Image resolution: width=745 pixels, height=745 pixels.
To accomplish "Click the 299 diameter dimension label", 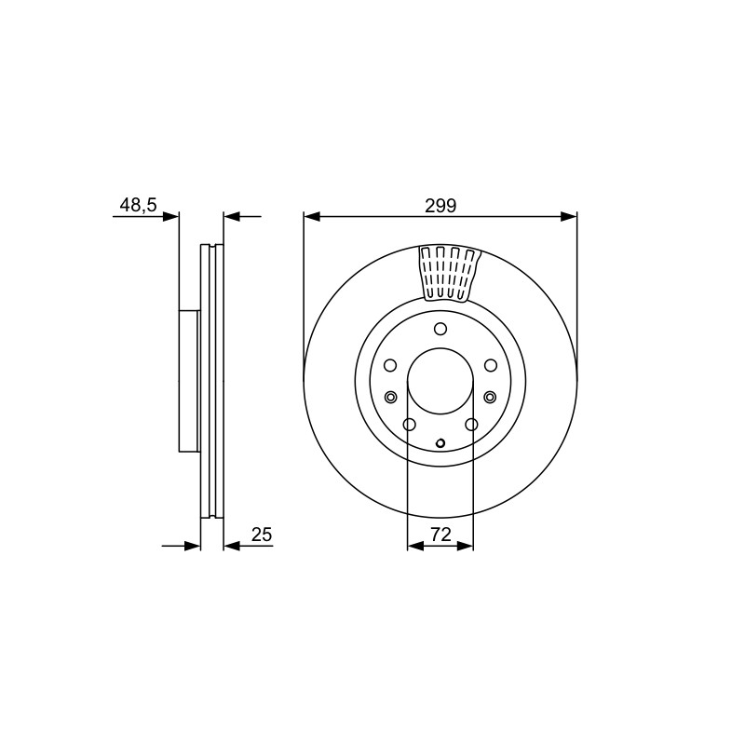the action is click(x=440, y=206).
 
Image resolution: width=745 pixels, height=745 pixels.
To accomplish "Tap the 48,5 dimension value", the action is click(x=138, y=205).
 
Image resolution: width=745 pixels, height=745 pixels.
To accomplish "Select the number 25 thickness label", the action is click(x=262, y=535).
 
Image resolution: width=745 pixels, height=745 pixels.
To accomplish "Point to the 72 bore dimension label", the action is click(x=440, y=535).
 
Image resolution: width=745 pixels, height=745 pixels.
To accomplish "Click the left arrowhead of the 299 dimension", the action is click(x=312, y=217).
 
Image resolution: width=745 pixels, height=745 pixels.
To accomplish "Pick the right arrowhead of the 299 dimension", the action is click(x=569, y=217).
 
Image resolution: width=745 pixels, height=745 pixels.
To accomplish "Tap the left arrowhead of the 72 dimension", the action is click(x=415, y=547).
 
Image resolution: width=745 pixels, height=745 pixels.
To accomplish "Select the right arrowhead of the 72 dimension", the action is click(x=465, y=547).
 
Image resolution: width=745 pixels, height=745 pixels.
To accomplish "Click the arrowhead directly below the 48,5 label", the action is click(x=171, y=217).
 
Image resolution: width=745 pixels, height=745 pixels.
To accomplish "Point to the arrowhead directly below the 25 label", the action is click(x=231, y=547).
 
